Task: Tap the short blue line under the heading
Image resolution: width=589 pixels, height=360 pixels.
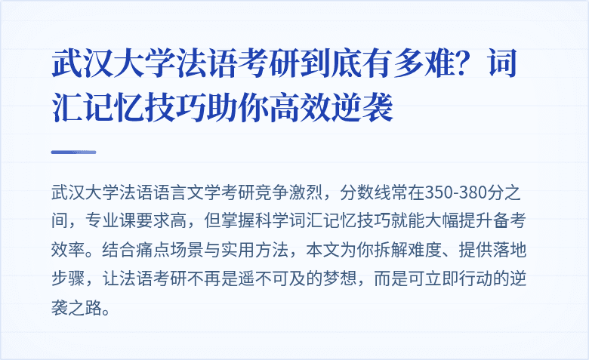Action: (x=73, y=152)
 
